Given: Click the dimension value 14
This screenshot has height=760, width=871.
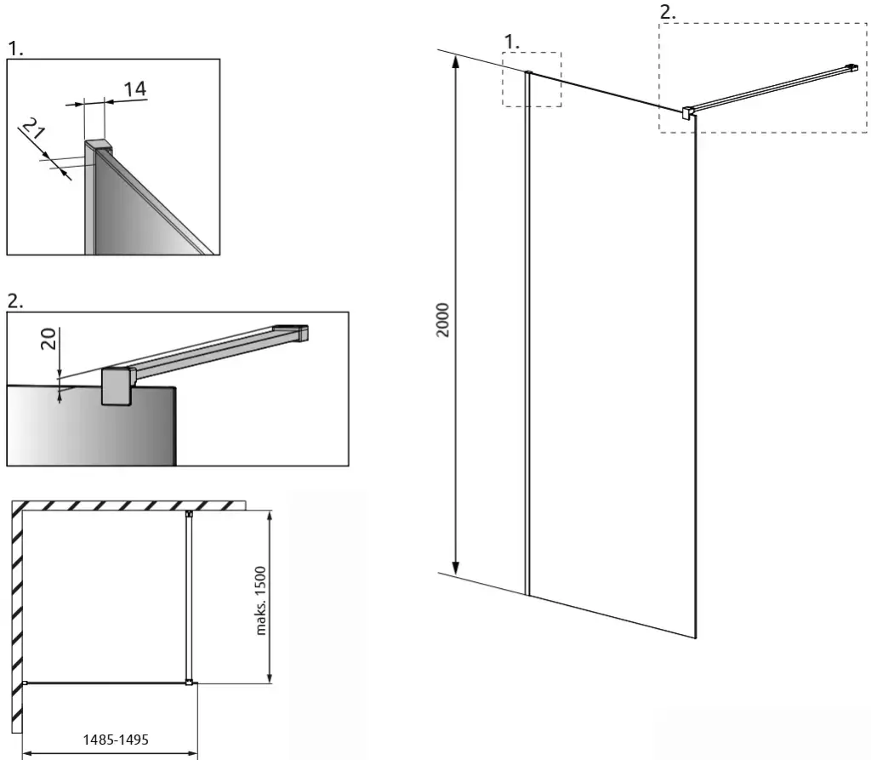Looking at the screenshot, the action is coord(135,89).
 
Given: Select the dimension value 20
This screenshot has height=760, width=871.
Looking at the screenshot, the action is coord(48,339).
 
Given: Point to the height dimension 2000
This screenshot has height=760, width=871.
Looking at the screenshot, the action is coord(442,320).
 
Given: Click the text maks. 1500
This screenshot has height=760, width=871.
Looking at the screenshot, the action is coord(260,601).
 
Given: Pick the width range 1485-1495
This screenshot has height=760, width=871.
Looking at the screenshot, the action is coord(116,740).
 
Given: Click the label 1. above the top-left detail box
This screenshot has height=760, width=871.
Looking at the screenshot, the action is coord(15,49).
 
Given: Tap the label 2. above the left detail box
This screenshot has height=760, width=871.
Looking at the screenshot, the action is coord(15,300).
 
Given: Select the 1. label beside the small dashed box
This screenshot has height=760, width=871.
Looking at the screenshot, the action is coord(511,42).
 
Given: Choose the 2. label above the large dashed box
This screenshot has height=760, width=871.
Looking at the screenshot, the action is coord(668,12).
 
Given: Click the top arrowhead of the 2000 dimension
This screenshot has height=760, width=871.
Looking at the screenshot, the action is coord(456,61).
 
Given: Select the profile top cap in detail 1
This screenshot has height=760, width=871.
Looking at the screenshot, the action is coord(99,147).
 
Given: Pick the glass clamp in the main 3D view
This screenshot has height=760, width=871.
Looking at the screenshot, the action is coord(687,112).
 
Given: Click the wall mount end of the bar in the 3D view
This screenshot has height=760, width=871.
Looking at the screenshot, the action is coord(851,68).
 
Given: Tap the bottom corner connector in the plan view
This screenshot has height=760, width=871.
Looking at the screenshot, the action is coord(190,683).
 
